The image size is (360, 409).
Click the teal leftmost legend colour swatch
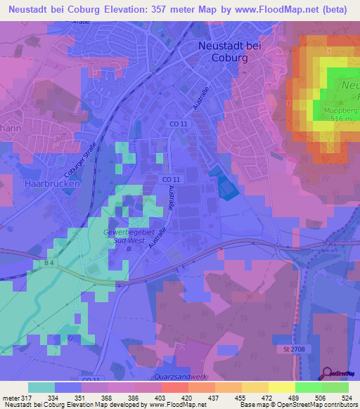click(41, 387)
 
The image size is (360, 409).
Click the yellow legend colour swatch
click(281, 387)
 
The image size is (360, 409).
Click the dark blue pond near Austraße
click(226, 186)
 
